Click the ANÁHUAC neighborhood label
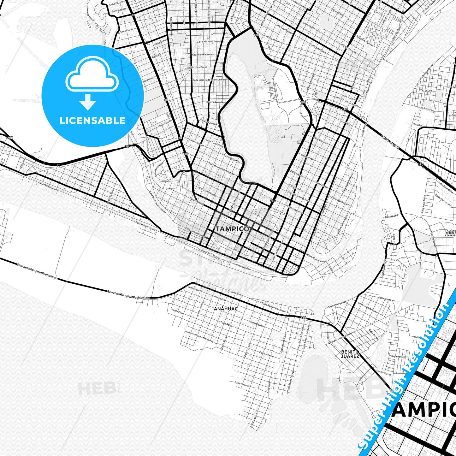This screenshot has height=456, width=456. point(226,309)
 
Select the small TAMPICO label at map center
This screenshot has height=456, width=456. point(232,229)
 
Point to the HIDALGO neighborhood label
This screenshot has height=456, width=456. point(426,90)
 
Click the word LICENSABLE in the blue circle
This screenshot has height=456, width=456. point(92,121)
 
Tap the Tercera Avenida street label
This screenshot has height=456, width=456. point(214,102)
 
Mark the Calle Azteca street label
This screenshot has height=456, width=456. point(209,122)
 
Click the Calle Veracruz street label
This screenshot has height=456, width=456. point(242,384)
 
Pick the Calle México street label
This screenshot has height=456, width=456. point(266,354)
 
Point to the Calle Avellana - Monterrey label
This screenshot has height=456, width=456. point(199,337)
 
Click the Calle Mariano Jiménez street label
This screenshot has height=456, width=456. point(83,181)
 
